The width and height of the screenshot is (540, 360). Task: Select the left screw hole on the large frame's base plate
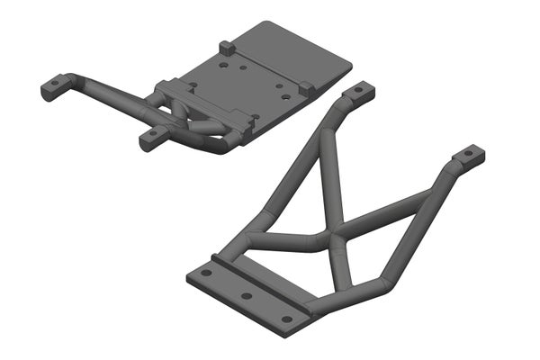point(206,272)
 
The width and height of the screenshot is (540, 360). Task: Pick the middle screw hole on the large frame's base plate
point(246,296)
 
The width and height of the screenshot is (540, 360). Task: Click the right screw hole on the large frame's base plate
point(287,319)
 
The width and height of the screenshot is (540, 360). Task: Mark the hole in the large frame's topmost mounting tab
point(362,89)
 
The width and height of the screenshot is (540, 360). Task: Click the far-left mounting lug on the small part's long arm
point(53,87)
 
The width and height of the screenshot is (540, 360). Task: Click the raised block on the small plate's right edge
point(306,88)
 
